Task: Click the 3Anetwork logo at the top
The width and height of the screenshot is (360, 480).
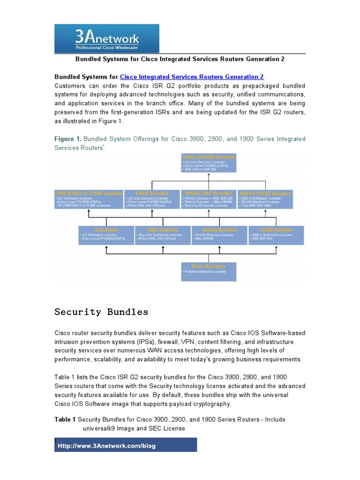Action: [107, 39]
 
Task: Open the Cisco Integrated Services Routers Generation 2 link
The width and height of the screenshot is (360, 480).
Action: [192, 77]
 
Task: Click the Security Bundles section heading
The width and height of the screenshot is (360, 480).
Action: [101, 312]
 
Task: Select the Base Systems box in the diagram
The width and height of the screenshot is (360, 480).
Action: [209, 271]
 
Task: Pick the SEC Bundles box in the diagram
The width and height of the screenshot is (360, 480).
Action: [162, 235]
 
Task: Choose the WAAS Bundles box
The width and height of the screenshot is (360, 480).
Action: [219, 235]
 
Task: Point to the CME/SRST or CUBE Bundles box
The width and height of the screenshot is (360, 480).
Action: [89, 199]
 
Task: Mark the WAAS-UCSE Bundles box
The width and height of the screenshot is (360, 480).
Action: [265, 199]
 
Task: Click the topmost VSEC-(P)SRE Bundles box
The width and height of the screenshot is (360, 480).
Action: [209, 163]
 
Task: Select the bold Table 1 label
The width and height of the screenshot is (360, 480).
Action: [65, 420]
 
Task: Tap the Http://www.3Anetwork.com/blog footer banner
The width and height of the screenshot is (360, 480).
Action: [127, 445]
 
